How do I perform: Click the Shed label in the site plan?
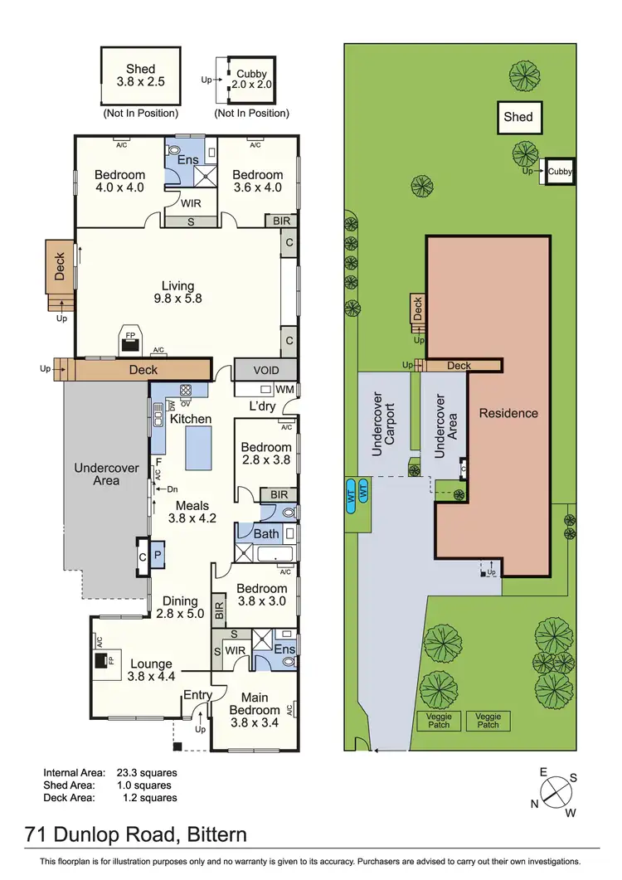[518, 117]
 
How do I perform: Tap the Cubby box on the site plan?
[561, 172]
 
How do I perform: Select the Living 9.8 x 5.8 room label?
[178, 293]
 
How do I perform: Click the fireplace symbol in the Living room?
[129, 340]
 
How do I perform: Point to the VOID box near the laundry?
[265, 370]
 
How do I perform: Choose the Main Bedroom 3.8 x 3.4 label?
[255, 711]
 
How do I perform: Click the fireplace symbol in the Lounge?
[100, 661]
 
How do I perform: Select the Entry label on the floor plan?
[197, 695]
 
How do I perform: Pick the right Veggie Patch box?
[488, 720]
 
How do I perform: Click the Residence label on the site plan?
[508, 413]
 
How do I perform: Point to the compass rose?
[557, 793]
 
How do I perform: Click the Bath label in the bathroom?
[266, 533]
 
